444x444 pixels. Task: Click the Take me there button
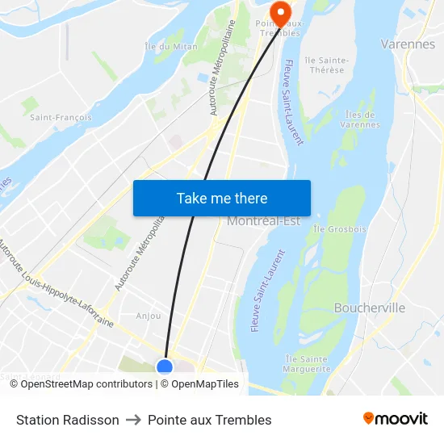click(x=222, y=198)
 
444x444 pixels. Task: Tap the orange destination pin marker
click(x=280, y=12)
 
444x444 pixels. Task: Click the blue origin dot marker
click(x=165, y=367)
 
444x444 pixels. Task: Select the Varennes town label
click(x=408, y=44)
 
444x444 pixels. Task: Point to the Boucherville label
click(x=370, y=308)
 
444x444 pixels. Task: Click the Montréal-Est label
click(x=263, y=221)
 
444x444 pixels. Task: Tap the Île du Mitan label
click(x=171, y=46)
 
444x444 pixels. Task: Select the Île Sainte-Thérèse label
click(x=326, y=65)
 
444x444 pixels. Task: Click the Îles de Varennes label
click(x=361, y=119)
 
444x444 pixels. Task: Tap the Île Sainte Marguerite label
click(x=307, y=363)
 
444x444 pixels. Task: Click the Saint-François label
click(x=61, y=117)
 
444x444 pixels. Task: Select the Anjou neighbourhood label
click(x=149, y=316)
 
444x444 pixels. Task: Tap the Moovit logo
click(x=395, y=418)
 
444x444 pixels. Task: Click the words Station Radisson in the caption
click(x=68, y=420)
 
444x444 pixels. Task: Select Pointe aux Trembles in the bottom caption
click(x=210, y=420)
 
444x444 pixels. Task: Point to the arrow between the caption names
click(x=133, y=420)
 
